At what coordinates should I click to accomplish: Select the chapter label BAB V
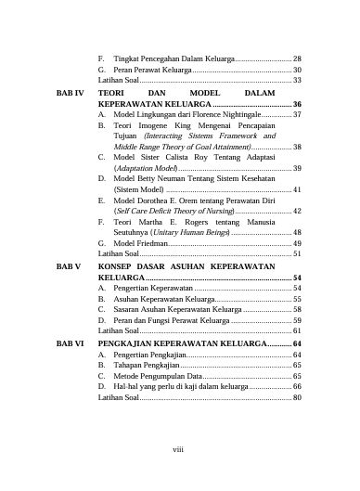point(69,265)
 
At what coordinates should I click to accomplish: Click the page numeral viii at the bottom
point(180,451)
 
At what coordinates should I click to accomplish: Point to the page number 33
point(297,81)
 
